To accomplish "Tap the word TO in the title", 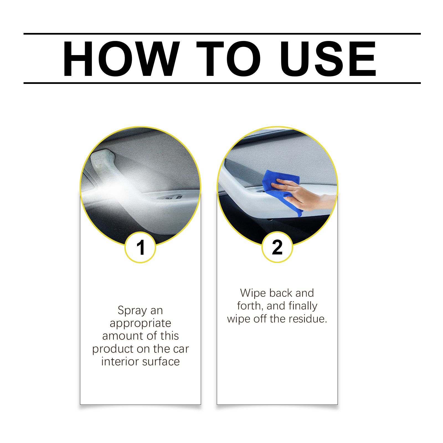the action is click(x=228, y=58).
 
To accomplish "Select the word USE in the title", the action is click(x=328, y=58).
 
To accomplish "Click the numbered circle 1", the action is click(x=140, y=247).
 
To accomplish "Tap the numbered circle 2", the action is click(x=277, y=247).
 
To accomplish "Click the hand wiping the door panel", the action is click(x=302, y=194).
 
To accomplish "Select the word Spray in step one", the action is click(x=132, y=310).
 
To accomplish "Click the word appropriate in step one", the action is click(x=140, y=323).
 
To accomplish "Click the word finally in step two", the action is click(x=303, y=306).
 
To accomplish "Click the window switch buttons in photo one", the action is click(x=172, y=197).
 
